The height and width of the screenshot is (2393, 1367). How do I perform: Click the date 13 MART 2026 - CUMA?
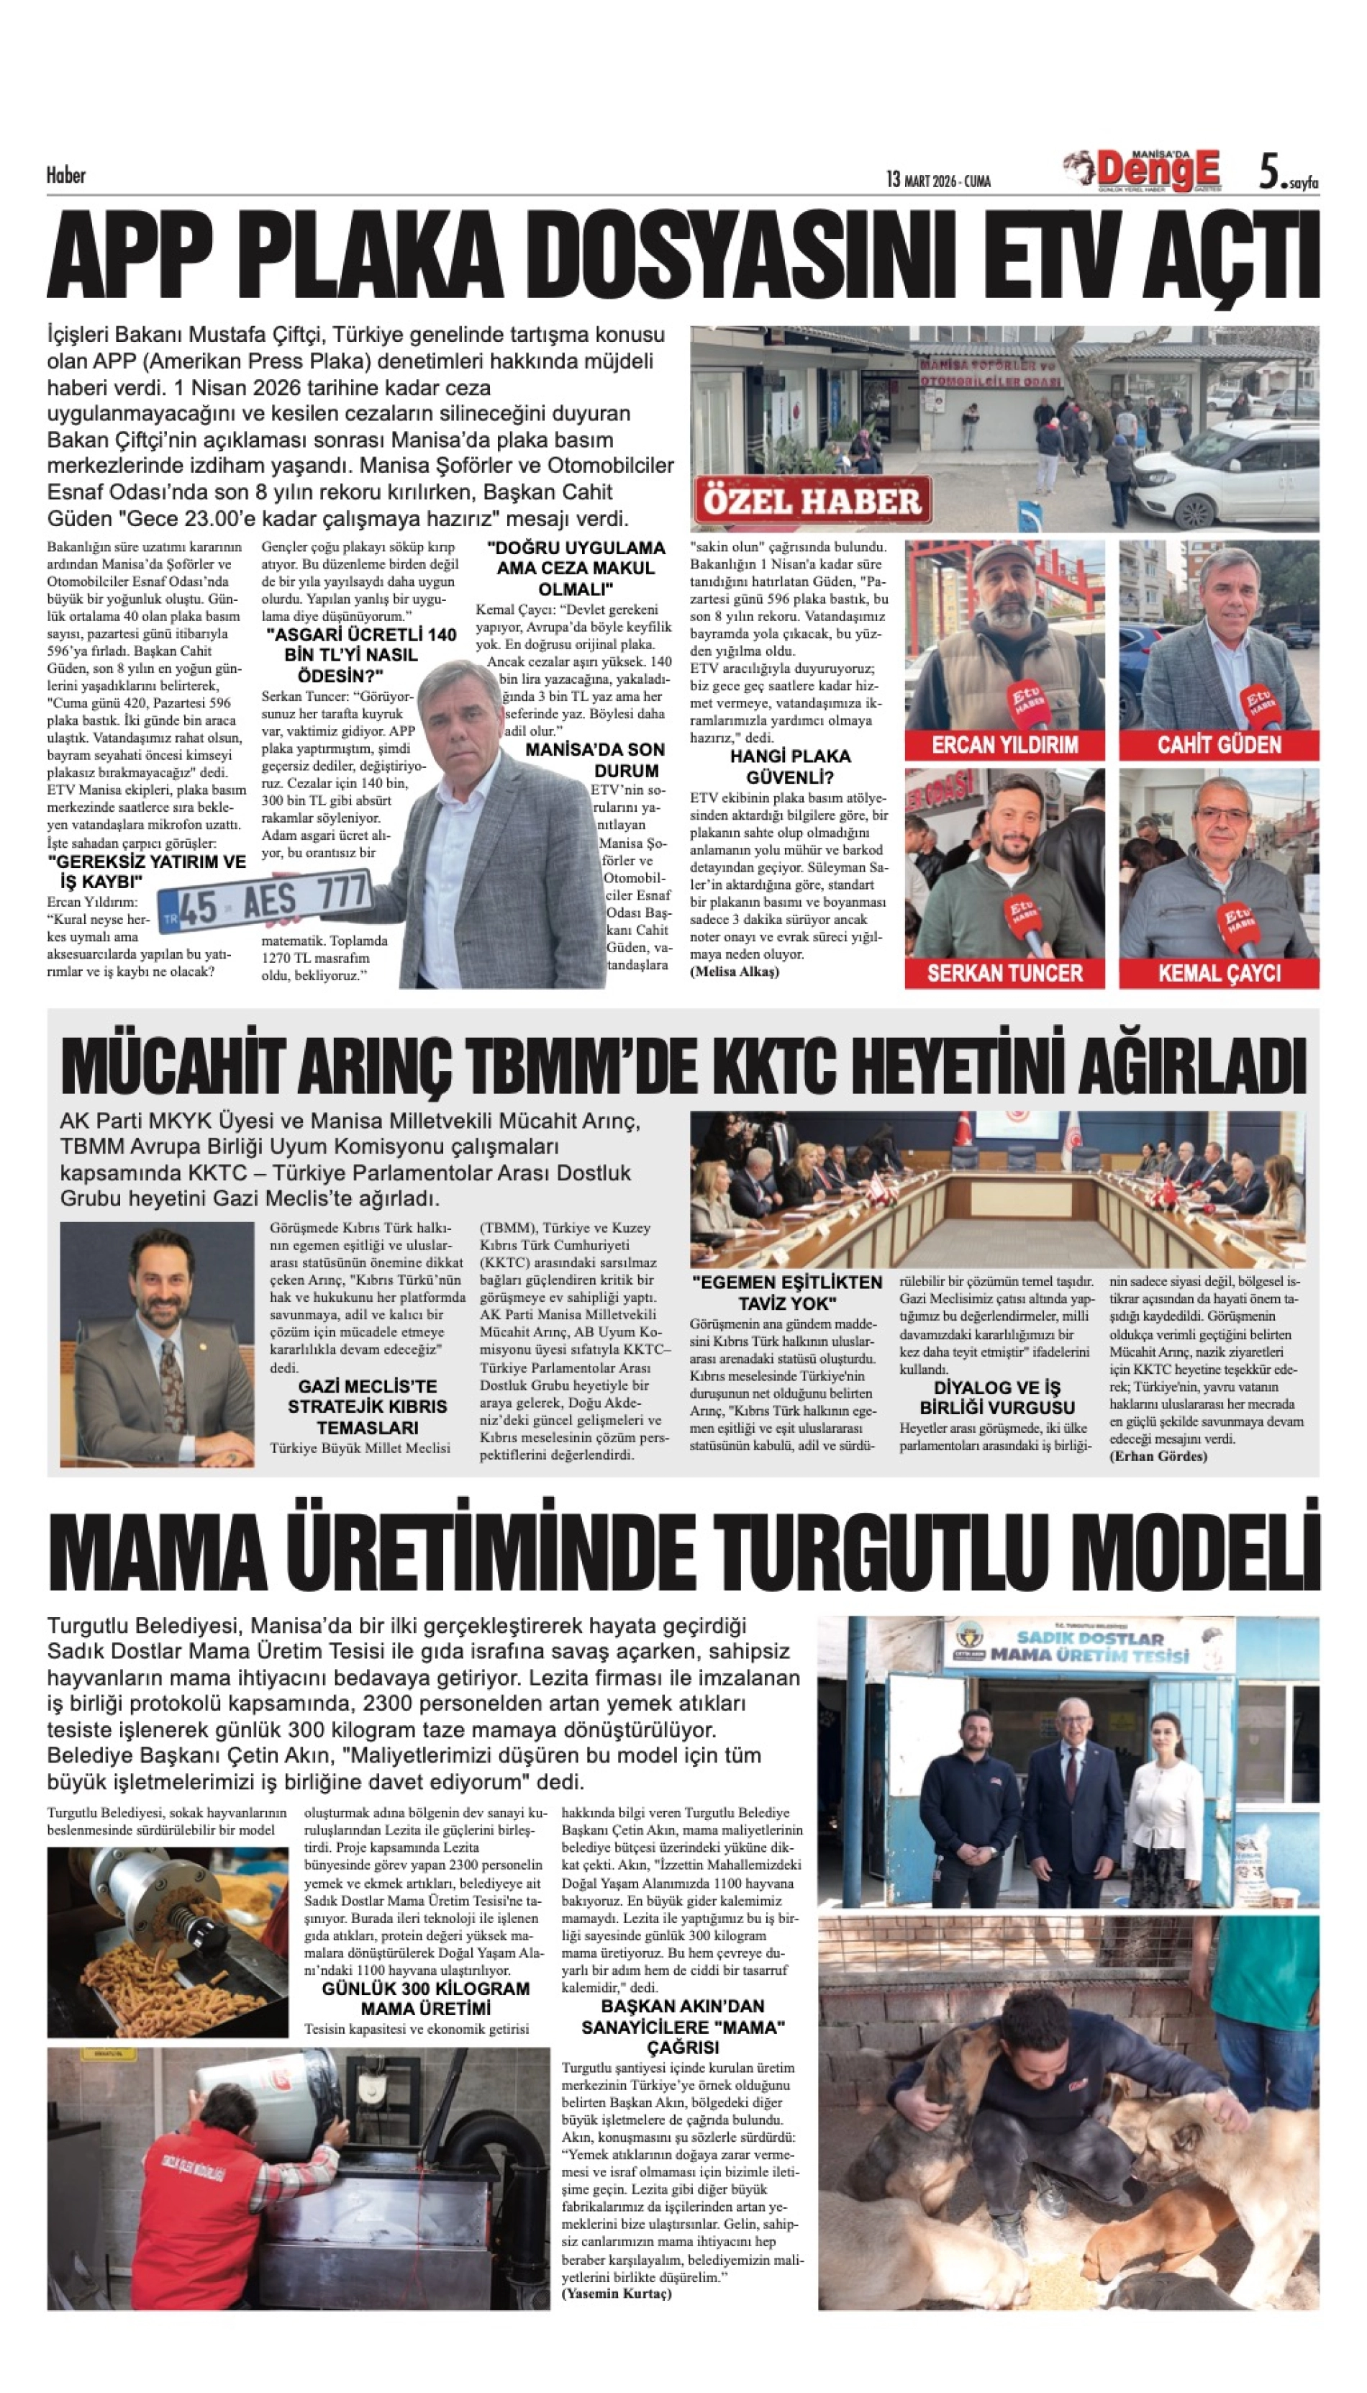(938, 179)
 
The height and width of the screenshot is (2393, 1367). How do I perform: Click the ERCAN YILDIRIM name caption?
(1004, 745)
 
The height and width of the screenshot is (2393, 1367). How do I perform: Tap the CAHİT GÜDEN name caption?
(1219, 745)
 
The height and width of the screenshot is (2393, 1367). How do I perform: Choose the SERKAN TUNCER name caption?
(1004, 973)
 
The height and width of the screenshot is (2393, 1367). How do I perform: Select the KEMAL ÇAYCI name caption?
(1219, 973)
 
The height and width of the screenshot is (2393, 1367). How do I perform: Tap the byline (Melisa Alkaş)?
(734, 971)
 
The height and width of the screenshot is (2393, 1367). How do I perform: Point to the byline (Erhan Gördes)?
(1158, 1456)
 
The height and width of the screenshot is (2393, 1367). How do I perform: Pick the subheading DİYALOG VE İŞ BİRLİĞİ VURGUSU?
(997, 1398)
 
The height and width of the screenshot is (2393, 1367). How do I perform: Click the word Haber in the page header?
(65, 175)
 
